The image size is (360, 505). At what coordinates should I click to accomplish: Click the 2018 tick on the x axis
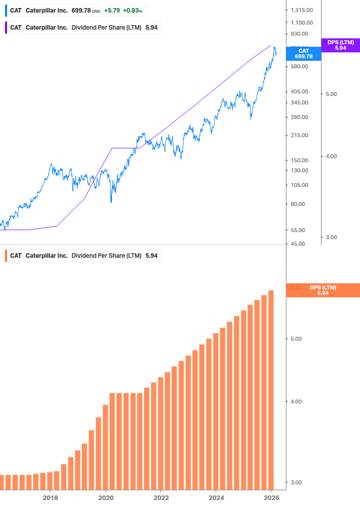click(x=50, y=497)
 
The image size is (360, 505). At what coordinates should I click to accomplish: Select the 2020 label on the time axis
click(x=105, y=497)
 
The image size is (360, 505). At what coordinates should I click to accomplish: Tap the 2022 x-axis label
click(x=161, y=497)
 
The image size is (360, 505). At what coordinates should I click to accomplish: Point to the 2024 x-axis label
click(x=216, y=497)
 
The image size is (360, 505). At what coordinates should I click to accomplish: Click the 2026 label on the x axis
click(x=271, y=497)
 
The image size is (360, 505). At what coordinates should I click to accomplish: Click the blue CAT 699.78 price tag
click(x=303, y=54)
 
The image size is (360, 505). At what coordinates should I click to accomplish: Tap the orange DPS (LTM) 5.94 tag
click(x=323, y=290)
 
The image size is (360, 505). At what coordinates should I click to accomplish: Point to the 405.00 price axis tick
click(x=299, y=91)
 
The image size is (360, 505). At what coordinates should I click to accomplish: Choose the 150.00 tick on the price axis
click(x=299, y=160)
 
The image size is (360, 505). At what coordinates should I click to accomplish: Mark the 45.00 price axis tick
click(x=298, y=244)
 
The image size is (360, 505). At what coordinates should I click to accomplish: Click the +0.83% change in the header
click(x=133, y=11)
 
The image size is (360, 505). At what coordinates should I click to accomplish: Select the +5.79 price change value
click(x=112, y=11)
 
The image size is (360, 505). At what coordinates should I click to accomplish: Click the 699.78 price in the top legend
click(x=81, y=11)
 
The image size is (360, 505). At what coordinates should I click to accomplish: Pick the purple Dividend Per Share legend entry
click(x=83, y=28)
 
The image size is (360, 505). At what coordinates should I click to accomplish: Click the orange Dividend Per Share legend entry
click(x=83, y=256)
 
